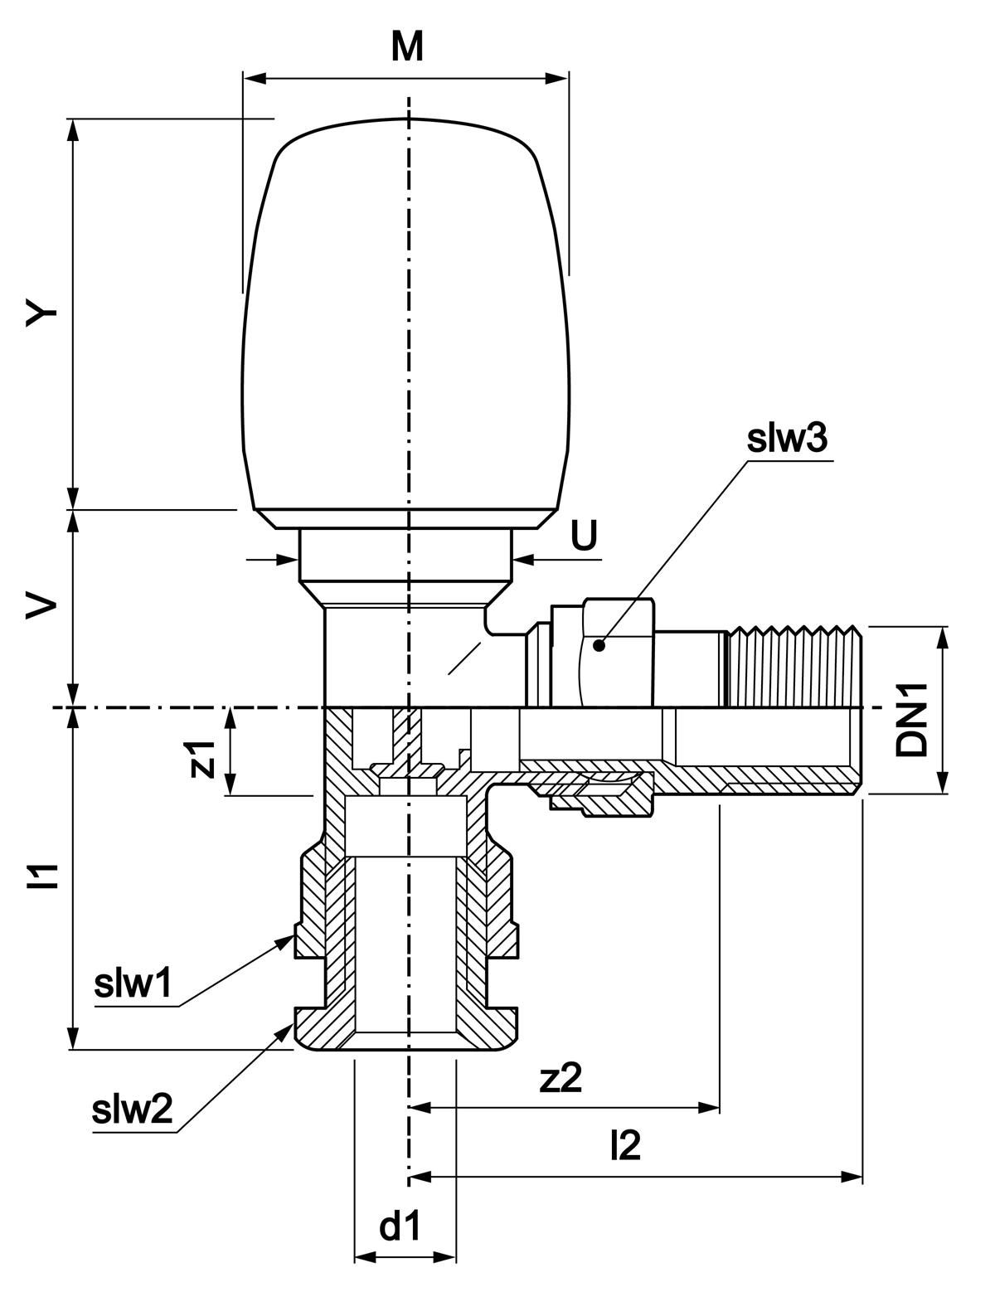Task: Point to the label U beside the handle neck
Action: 583,537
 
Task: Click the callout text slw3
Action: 786,440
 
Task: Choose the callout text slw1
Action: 133,984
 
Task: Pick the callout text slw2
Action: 133,1109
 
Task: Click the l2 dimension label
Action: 625,1147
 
